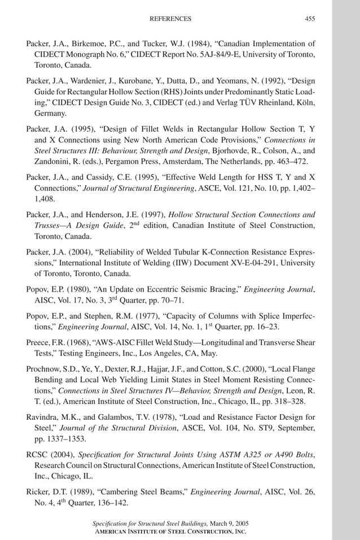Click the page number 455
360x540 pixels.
click(310, 19)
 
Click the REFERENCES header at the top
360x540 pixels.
click(170, 19)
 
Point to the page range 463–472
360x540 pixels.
click(297, 161)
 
